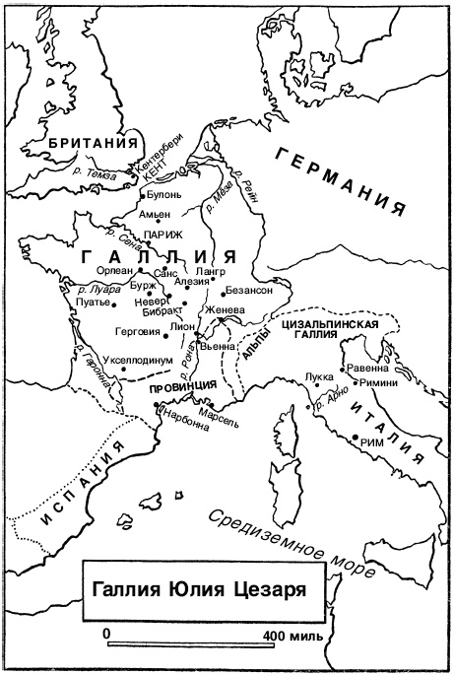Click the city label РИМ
[365, 444]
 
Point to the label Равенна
[368, 369]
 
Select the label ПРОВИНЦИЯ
[182, 388]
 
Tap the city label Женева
[223, 308]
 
